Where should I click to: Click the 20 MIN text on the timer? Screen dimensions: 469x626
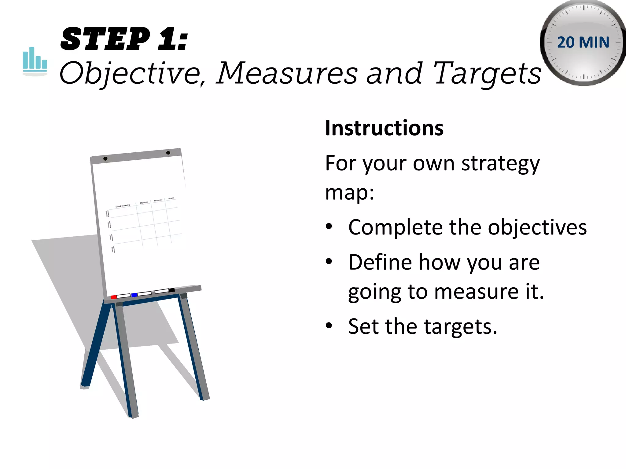pyautogui.click(x=583, y=42)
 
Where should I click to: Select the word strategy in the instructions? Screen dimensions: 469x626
pyautogui.click(x=500, y=164)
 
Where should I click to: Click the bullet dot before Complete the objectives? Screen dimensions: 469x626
pyautogui.click(x=329, y=227)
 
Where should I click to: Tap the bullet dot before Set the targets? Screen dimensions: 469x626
pyautogui.click(x=329, y=326)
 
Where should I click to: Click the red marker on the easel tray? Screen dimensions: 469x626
pyautogui.click(x=114, y=297)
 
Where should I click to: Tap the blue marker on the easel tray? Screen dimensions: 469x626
pyautogui.click(x=134, y=295)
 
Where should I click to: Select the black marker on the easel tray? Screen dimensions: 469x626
pyautogui.click(x=171, y=290)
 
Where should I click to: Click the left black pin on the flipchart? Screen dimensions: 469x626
pyautogui.click(x=105, y=158)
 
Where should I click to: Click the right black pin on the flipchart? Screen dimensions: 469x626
pyautogui.click(x=168, y=153)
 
